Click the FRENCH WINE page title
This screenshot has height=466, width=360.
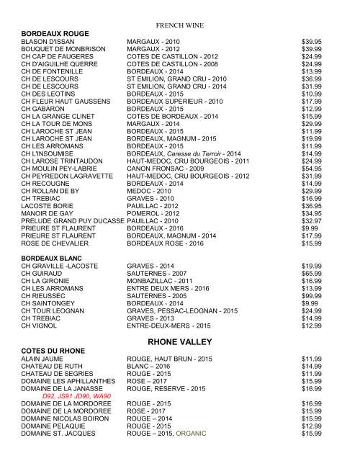(180, 25)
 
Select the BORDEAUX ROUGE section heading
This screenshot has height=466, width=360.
(55, 34)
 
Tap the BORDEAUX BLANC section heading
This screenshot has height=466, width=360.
(53, 256)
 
